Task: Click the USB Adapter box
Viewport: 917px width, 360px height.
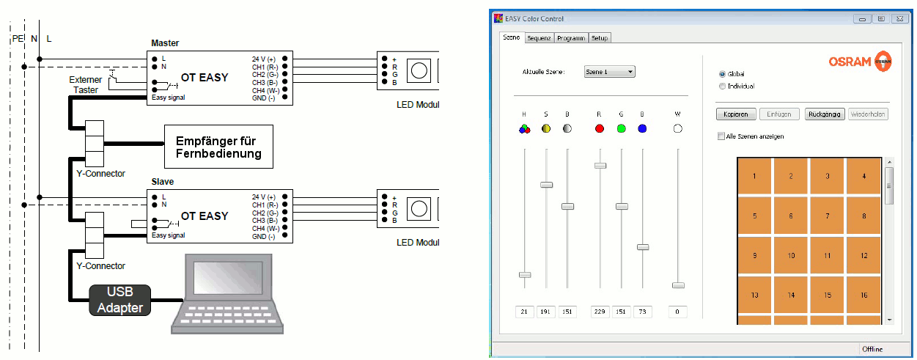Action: tap(119, 301)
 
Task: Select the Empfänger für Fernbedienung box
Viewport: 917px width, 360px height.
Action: tap(218, 146)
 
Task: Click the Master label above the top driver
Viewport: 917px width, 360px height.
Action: tap(165, 43)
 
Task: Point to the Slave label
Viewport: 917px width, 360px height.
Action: tap(162, 181)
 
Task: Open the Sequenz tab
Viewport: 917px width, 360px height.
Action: tap(539, 37)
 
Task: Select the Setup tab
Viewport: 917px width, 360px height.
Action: tap(600, 37)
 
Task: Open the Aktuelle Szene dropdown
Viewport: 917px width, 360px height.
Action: tap(609, 72)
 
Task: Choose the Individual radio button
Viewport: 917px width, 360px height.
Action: tap(723, 86)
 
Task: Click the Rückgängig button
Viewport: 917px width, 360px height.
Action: tap(825, 114)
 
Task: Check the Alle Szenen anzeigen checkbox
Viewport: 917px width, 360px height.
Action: tap(721, 136)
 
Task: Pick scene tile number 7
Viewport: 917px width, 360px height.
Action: tap(828, 216)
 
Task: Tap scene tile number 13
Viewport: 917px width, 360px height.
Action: tap(754, 295)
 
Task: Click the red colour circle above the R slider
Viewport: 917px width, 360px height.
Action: tap(600, 128)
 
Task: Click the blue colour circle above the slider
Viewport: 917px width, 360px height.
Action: tap(642, 128)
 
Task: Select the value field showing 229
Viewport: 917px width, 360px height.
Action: tap(600, 312)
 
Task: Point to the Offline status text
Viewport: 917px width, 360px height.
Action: tap(872, 348)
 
